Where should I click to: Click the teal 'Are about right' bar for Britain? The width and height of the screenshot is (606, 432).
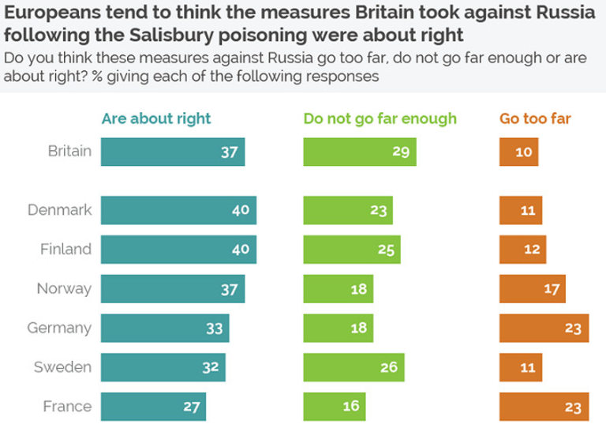pyautogui.click(x=173, y=152)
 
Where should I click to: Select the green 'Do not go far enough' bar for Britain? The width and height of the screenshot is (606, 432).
pyautogui.click(x=360, y=152)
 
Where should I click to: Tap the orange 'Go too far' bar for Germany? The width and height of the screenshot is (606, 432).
pyautogui.click(x=544, y=328)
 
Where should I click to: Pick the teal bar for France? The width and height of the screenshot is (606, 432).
pyautogui.click(x=153, y=407)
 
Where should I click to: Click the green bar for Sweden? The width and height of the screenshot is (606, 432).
pyautogui.click(x=353, y=367)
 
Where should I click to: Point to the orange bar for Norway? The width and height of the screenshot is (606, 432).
pyautogui.click(x=532, y=289)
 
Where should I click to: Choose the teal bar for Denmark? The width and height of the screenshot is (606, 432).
pyautogui.click(x=178, y=210)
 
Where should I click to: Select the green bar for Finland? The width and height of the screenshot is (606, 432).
pyautogui.click(x=352, y=250)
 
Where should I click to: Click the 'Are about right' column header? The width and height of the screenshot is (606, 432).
pyautogui.click(x=156, y=119)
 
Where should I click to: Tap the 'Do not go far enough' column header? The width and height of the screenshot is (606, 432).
pyautogui.click(x=380, y=119)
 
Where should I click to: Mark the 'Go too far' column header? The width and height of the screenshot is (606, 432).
pyautogui.click(x=535, y=119)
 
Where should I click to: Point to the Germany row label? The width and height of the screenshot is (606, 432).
pyautogui.click(x=59, y=328)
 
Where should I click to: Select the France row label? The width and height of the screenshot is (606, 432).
pyautogui.click(x=67, y=407)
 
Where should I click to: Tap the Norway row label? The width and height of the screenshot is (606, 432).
pyautogui.click(x=64, y=289)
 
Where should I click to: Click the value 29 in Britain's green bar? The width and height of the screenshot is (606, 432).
pyautogui.click(x=401, y=152)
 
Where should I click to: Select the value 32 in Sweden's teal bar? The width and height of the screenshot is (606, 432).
pyautogui.click(x=211, y=367)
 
